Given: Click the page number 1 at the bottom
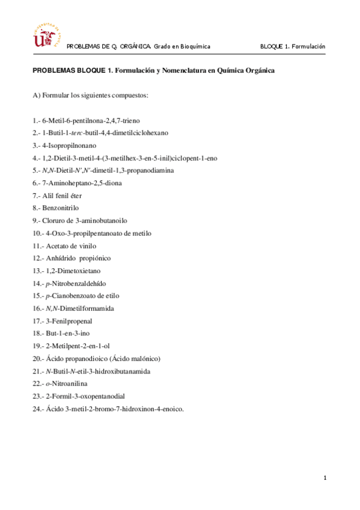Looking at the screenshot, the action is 325,478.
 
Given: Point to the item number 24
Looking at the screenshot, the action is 37,409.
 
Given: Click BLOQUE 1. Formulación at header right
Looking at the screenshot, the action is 292,46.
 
